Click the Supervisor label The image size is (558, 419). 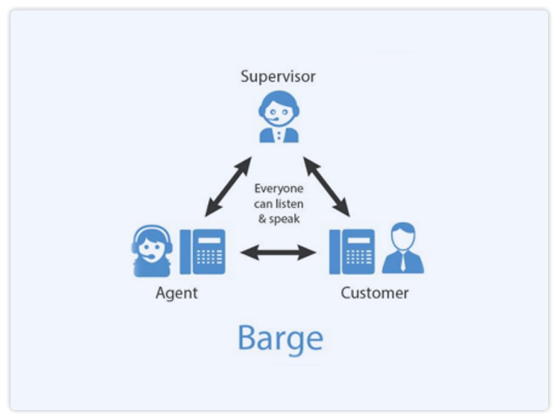pos(278,77)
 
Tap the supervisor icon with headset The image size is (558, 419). pos(278,118)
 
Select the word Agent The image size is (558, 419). pos(177,293)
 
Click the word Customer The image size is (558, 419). pos(374,293)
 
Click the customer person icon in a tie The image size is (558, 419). pos(403,250)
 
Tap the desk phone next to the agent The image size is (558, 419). pos(202,252)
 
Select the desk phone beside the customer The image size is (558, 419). pos(352,252)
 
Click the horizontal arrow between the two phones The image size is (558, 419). pos(278,253)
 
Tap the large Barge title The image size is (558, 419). pos(279,338)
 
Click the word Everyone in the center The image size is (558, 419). pos(279,188)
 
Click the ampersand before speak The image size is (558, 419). pos(260,219)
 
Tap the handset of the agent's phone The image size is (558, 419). pos(186,252)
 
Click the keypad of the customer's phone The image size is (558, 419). pos(360,256)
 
